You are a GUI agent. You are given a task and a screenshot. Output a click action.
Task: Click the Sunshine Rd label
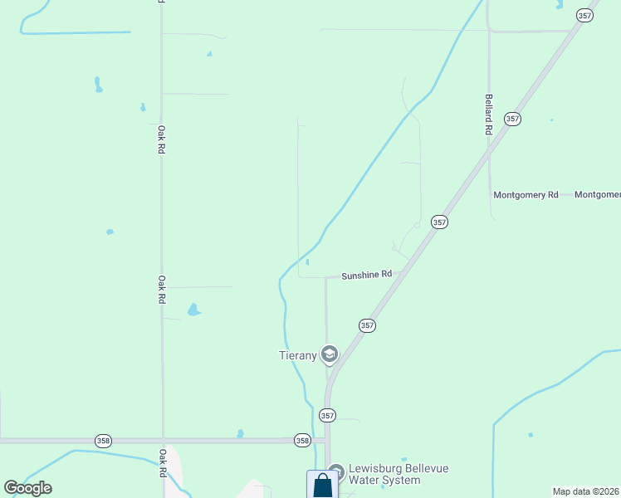click(366, 274)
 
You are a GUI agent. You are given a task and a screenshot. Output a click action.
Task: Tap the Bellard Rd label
click(489, 115)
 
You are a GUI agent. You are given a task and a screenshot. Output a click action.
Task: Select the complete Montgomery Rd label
click(526, 195)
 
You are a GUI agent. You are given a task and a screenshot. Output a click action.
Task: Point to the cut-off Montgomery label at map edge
click(598, 195)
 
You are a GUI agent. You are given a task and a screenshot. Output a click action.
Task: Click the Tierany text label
click(297, 355)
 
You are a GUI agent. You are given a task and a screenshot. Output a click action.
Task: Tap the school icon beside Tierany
click(330, 354)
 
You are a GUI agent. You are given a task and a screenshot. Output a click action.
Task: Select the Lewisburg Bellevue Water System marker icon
click(335, 471)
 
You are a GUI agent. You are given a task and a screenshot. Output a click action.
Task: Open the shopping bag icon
click(322, 486)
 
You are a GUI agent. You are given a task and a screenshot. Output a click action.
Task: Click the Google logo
click(28, 488)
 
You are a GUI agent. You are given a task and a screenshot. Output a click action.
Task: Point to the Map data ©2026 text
click(586, 491)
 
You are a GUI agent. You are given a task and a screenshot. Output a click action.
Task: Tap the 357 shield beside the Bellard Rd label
click(512, 119)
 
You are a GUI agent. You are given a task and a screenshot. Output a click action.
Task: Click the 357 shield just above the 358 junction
click(328, 415)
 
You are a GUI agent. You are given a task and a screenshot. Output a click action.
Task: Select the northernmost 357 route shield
click(584, 15)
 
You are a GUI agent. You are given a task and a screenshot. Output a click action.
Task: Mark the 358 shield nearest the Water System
click(302, 440)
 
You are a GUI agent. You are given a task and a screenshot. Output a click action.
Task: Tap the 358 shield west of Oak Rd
click(103, 440)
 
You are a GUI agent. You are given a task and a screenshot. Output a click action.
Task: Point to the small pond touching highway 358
click(240, 433)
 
